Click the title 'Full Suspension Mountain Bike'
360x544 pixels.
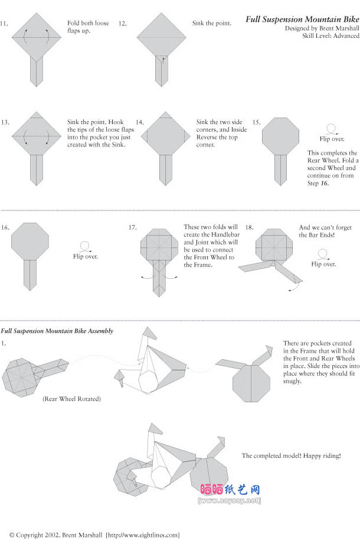[302, 19]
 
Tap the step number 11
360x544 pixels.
[4, 24]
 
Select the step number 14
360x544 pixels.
[139, 122]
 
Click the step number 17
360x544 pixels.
[132, 227]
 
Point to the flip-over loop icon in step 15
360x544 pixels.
[332, 129]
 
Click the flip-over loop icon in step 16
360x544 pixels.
[85, 247]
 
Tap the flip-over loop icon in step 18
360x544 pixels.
[323, 254]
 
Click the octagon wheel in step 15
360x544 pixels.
[281, 136]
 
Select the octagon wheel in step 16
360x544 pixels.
[30, 242]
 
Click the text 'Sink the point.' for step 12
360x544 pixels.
[212, 23]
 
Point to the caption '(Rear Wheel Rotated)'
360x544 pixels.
[72, 399]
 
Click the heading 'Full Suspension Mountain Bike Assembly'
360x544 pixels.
[57, 331]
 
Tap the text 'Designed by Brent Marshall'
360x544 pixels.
[322, 28]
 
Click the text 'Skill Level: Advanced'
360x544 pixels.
[330, 35]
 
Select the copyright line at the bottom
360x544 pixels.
[94, 535]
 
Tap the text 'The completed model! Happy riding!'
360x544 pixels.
[291, 455]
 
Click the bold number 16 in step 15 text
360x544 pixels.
[324, 183]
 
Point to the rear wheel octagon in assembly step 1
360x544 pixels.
[19, 377]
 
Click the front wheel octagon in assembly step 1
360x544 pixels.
[251, 383]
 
